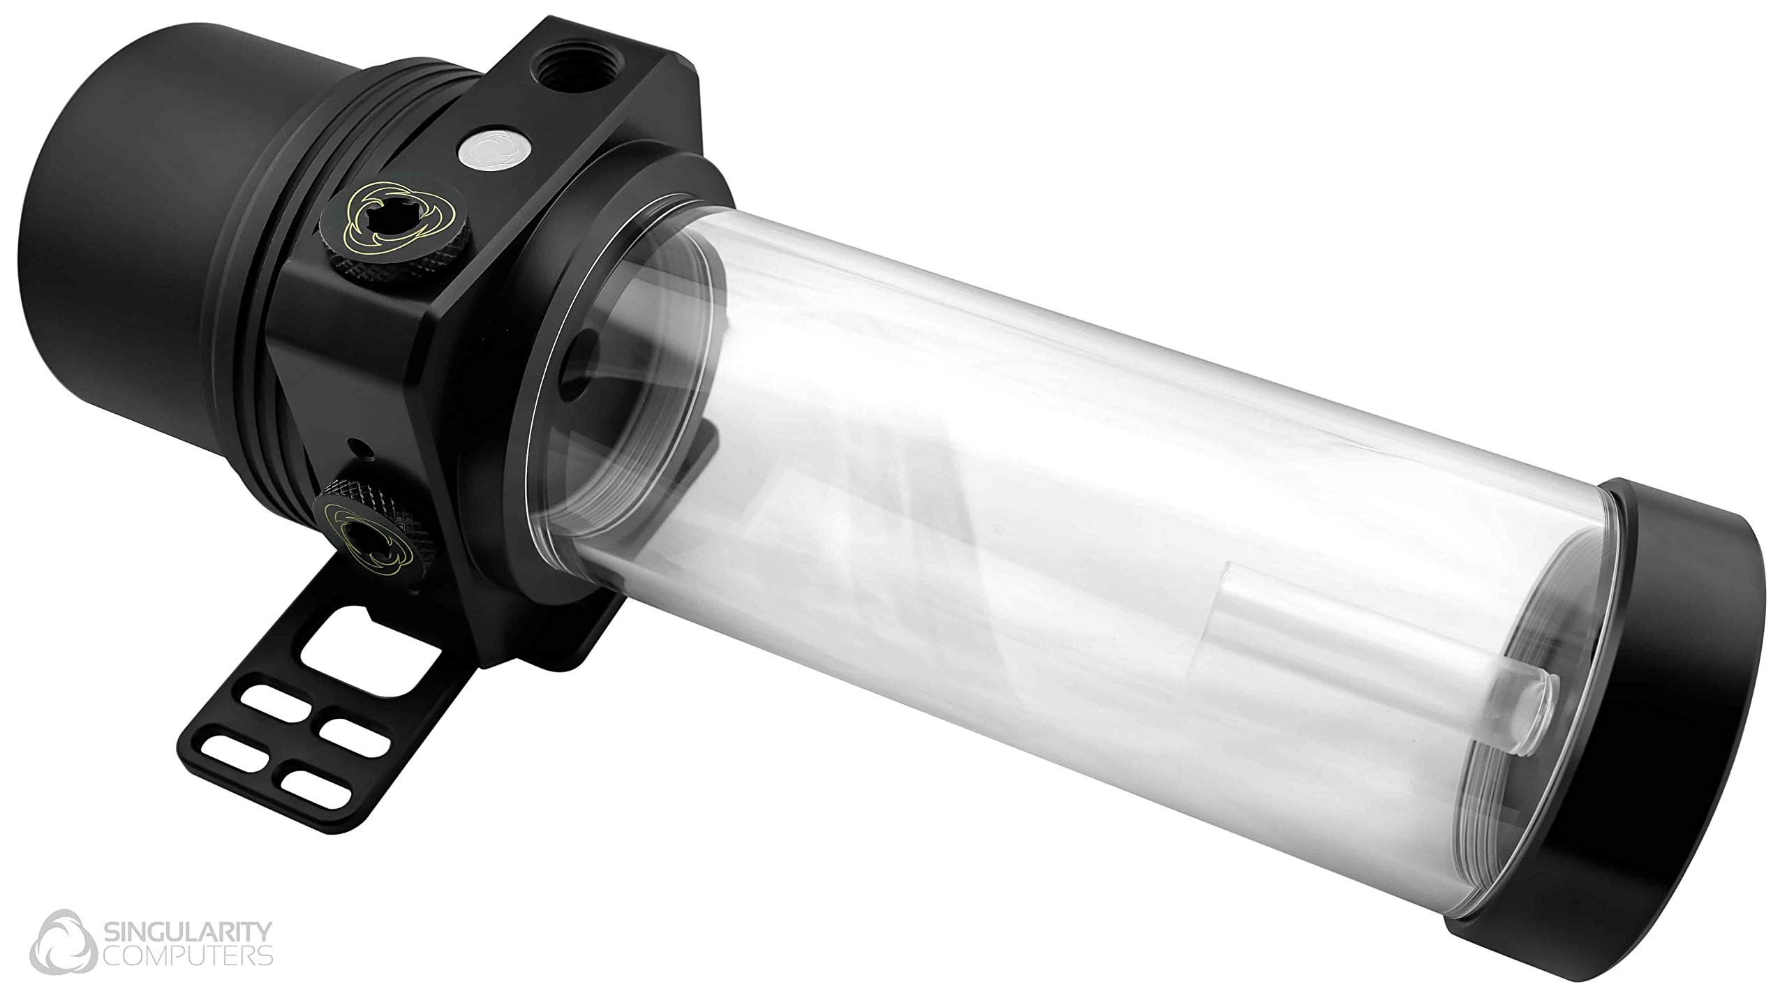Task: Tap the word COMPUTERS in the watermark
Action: click(x=188, y=954)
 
